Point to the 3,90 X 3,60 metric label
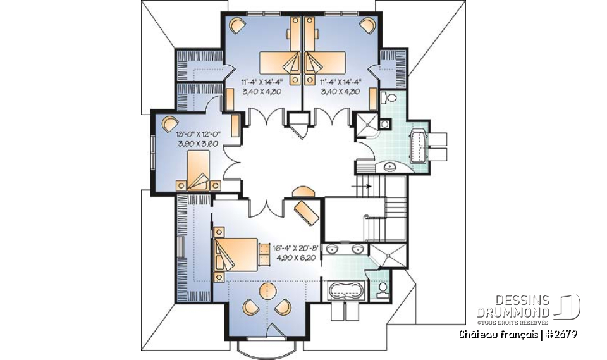[x=199, y=144]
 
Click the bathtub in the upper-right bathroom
[x=419, y=146]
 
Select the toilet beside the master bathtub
[x=381, y=289]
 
